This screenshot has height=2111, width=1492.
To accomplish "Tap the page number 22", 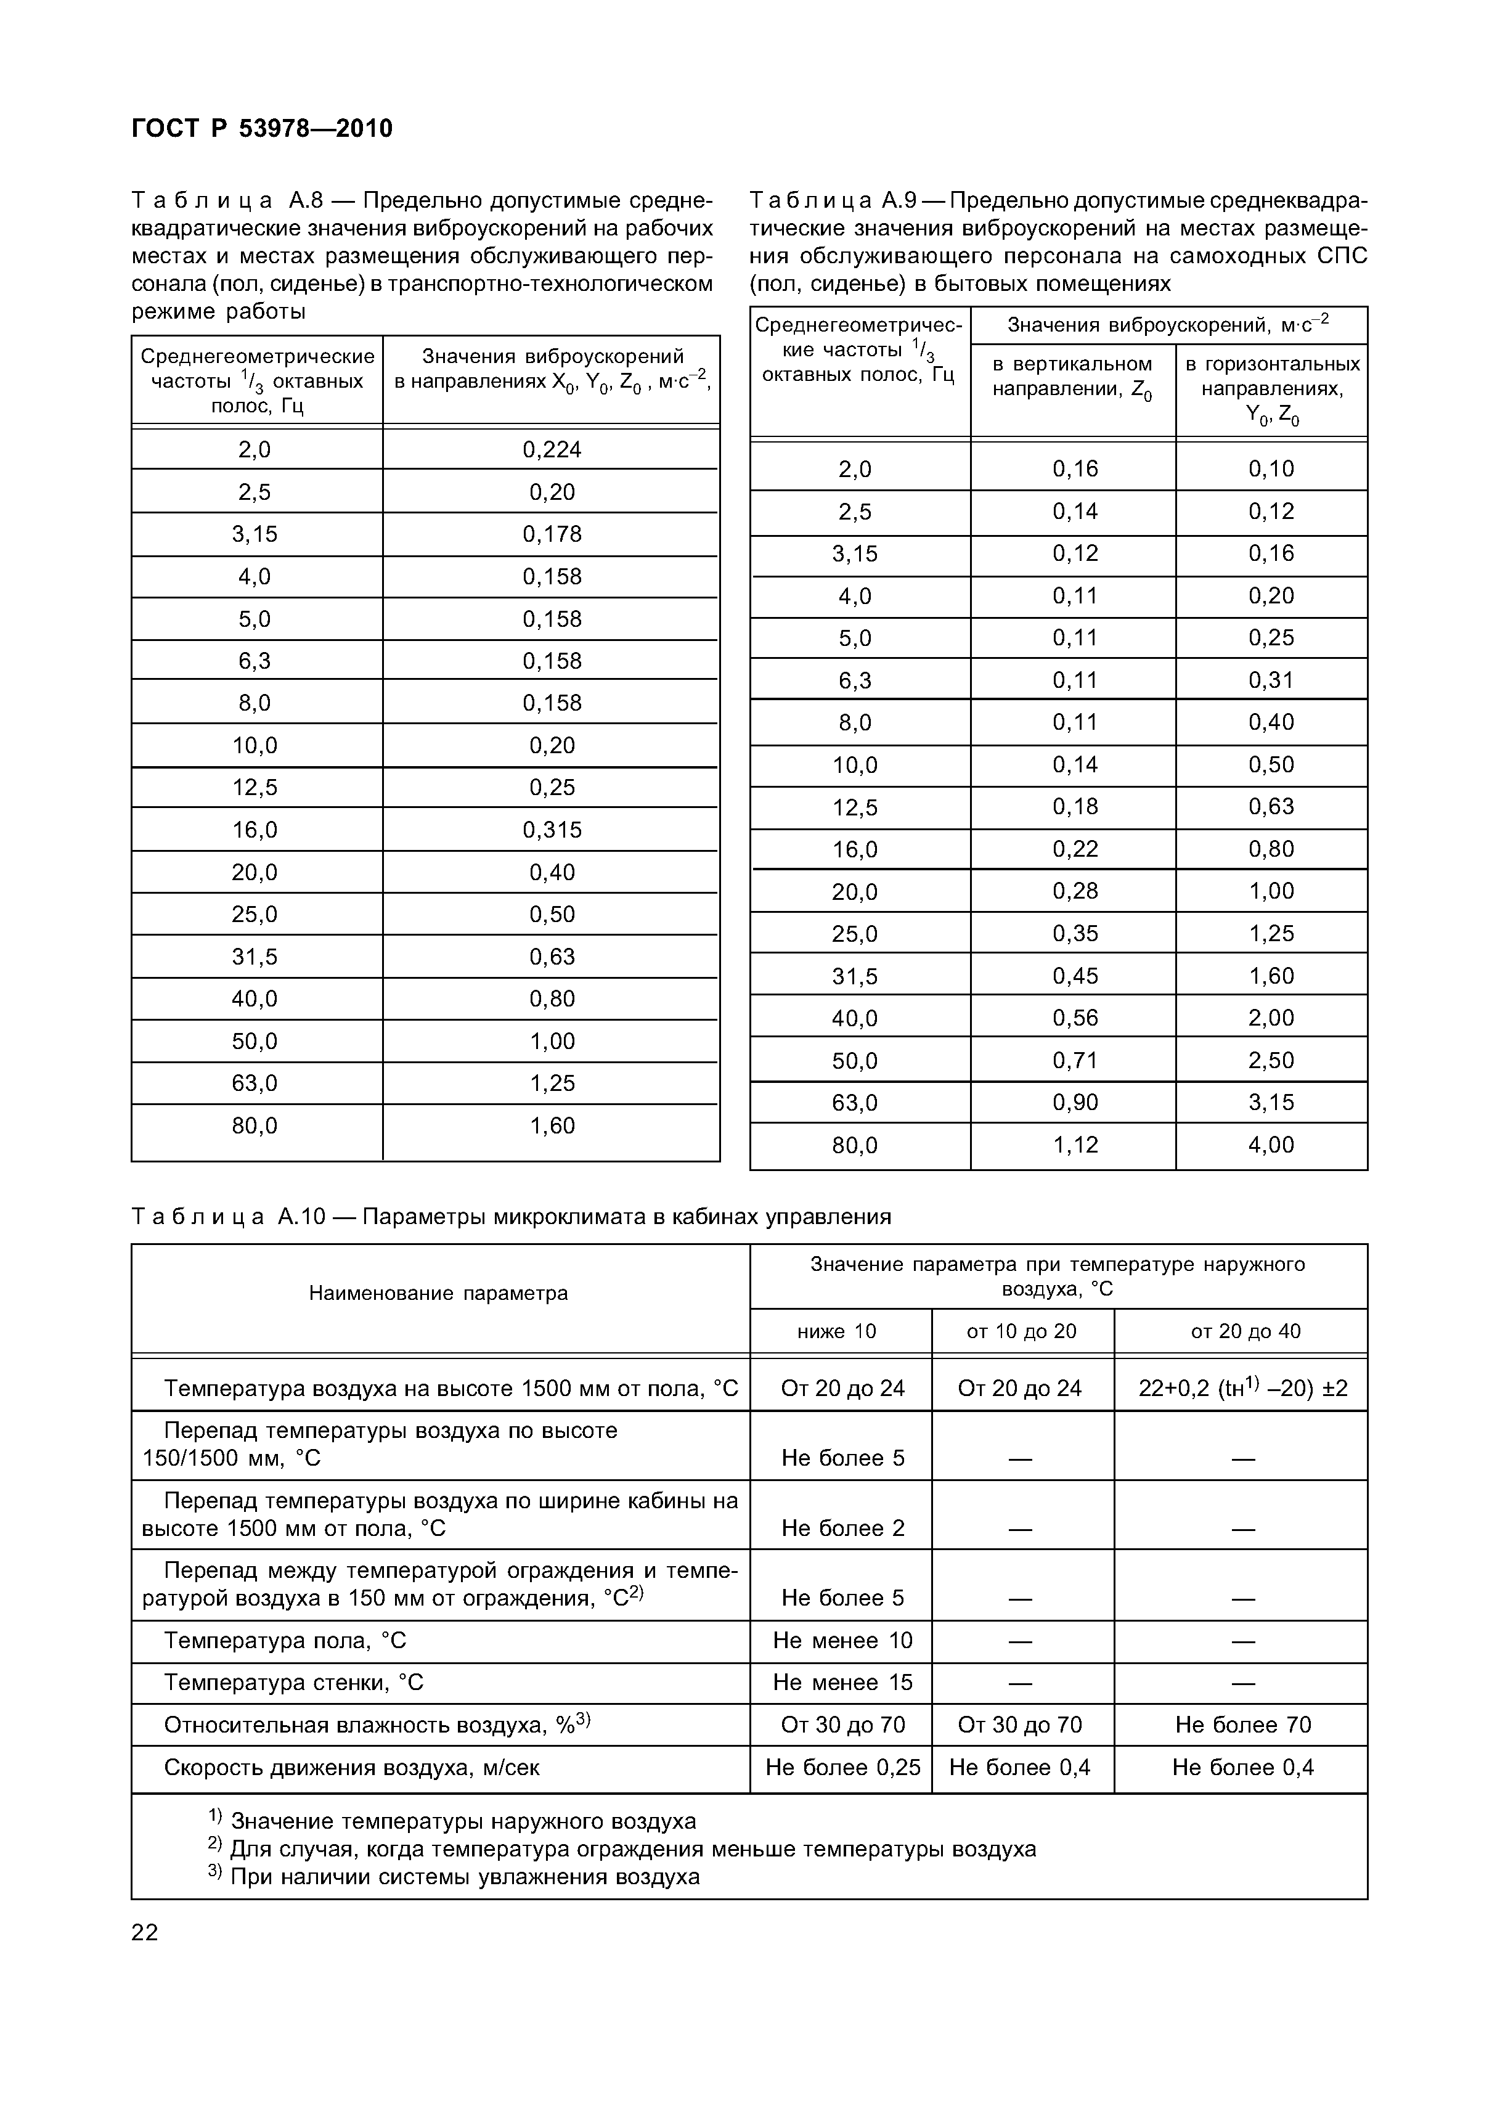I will click(x=145, y=1932).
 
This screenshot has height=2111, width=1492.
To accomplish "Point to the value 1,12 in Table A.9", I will click(x=1075, y=1145).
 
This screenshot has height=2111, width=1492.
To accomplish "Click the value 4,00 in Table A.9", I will click(x=1271, y=1145).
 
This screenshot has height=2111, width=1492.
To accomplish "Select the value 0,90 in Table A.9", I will click(x=1075, y=1103).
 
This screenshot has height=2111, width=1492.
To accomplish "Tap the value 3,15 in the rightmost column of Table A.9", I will click(x=1271, y=1103).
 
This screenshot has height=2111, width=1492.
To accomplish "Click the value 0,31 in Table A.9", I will click(x=1271, y=680).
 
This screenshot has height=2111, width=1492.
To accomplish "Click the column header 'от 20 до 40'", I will click(x=1245, y=1331).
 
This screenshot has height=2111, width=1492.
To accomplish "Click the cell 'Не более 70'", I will click(x=1243, y=1725).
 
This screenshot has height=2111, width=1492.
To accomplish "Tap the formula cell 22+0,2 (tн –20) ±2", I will click(x=1243, y=1389).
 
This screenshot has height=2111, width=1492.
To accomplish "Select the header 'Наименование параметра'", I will click(x=439, y=1294).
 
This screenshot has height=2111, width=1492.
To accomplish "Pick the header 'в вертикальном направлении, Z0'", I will click(x=1072, y=377).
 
